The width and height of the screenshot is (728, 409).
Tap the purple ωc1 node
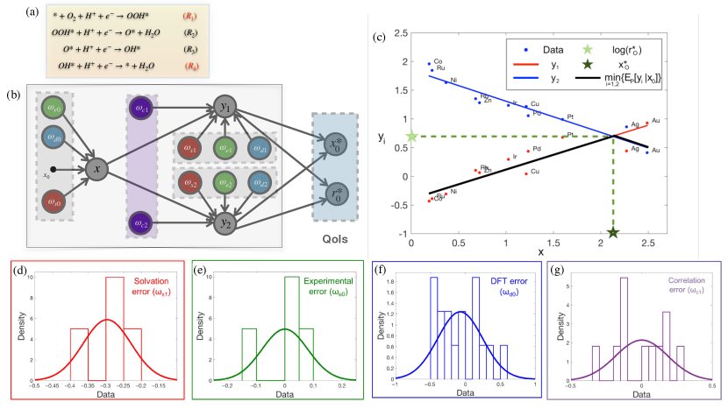click(140, 109)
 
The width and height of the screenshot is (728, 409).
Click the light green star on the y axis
click(412, 137)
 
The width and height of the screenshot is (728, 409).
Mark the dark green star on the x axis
click(613, 232)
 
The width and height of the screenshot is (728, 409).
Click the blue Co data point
click(429, 64)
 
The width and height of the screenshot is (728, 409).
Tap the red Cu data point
click(526, 173)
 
